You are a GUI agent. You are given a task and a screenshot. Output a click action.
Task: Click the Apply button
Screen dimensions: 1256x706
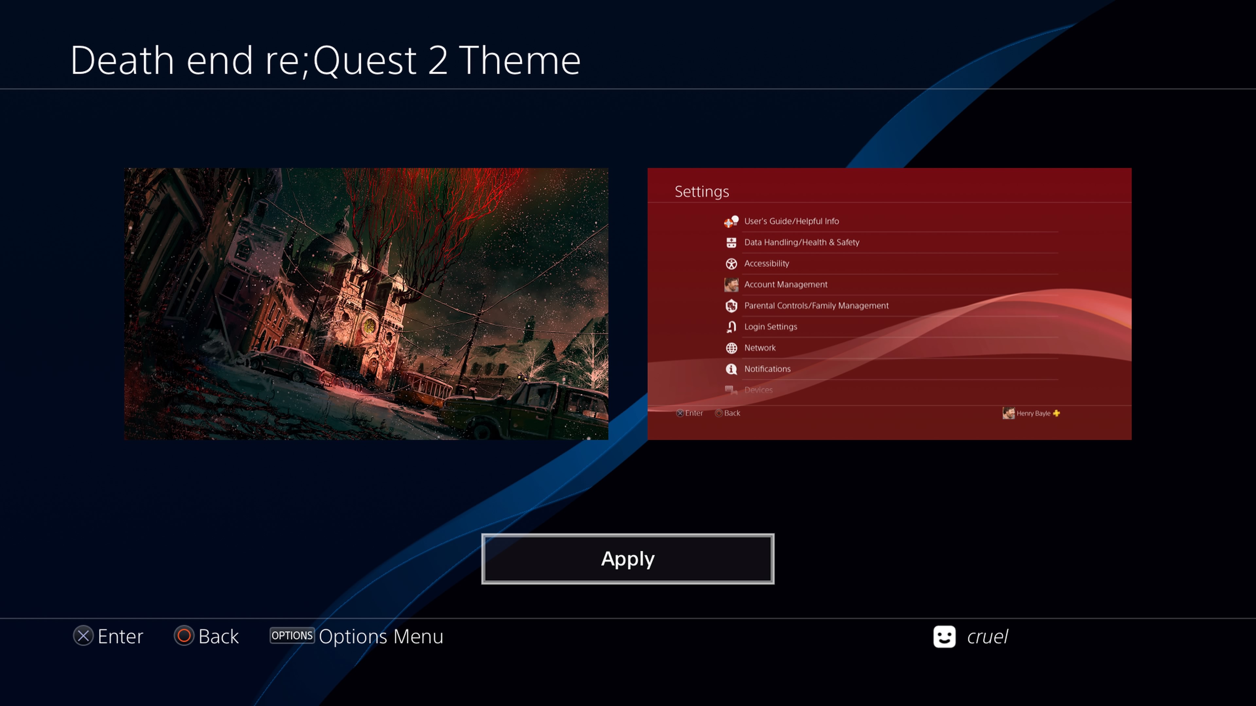(628, 559)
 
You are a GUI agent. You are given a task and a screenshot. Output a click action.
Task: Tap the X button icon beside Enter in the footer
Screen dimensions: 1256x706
(83, 636)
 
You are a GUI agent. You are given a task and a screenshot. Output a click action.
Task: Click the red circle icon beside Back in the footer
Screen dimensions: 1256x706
(184, 636)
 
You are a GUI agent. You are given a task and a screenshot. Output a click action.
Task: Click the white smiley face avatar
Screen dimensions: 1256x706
(944, 636)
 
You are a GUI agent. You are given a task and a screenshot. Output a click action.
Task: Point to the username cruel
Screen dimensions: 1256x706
(987, 637)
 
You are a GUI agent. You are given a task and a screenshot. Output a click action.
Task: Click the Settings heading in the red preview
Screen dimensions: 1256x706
(702, 192)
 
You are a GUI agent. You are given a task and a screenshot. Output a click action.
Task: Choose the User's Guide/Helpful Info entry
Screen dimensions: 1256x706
(791, 221)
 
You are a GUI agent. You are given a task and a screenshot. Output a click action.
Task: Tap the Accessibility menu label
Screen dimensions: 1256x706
(766, 263)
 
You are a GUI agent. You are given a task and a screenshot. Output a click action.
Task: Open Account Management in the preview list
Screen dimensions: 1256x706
(785, 285)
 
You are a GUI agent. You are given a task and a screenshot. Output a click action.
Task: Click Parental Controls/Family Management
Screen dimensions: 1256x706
(816, 306)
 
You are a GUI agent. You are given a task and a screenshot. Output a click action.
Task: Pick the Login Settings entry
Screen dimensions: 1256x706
(770, 327)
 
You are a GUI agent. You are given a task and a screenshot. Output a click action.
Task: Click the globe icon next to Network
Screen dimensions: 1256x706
(731, 348)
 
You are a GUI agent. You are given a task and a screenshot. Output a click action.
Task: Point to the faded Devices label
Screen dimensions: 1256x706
(758, 390)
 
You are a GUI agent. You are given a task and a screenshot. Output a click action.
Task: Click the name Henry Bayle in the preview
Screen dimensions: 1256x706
(1033, 413)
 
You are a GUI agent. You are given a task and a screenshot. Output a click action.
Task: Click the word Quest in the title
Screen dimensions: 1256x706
(365, 61)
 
